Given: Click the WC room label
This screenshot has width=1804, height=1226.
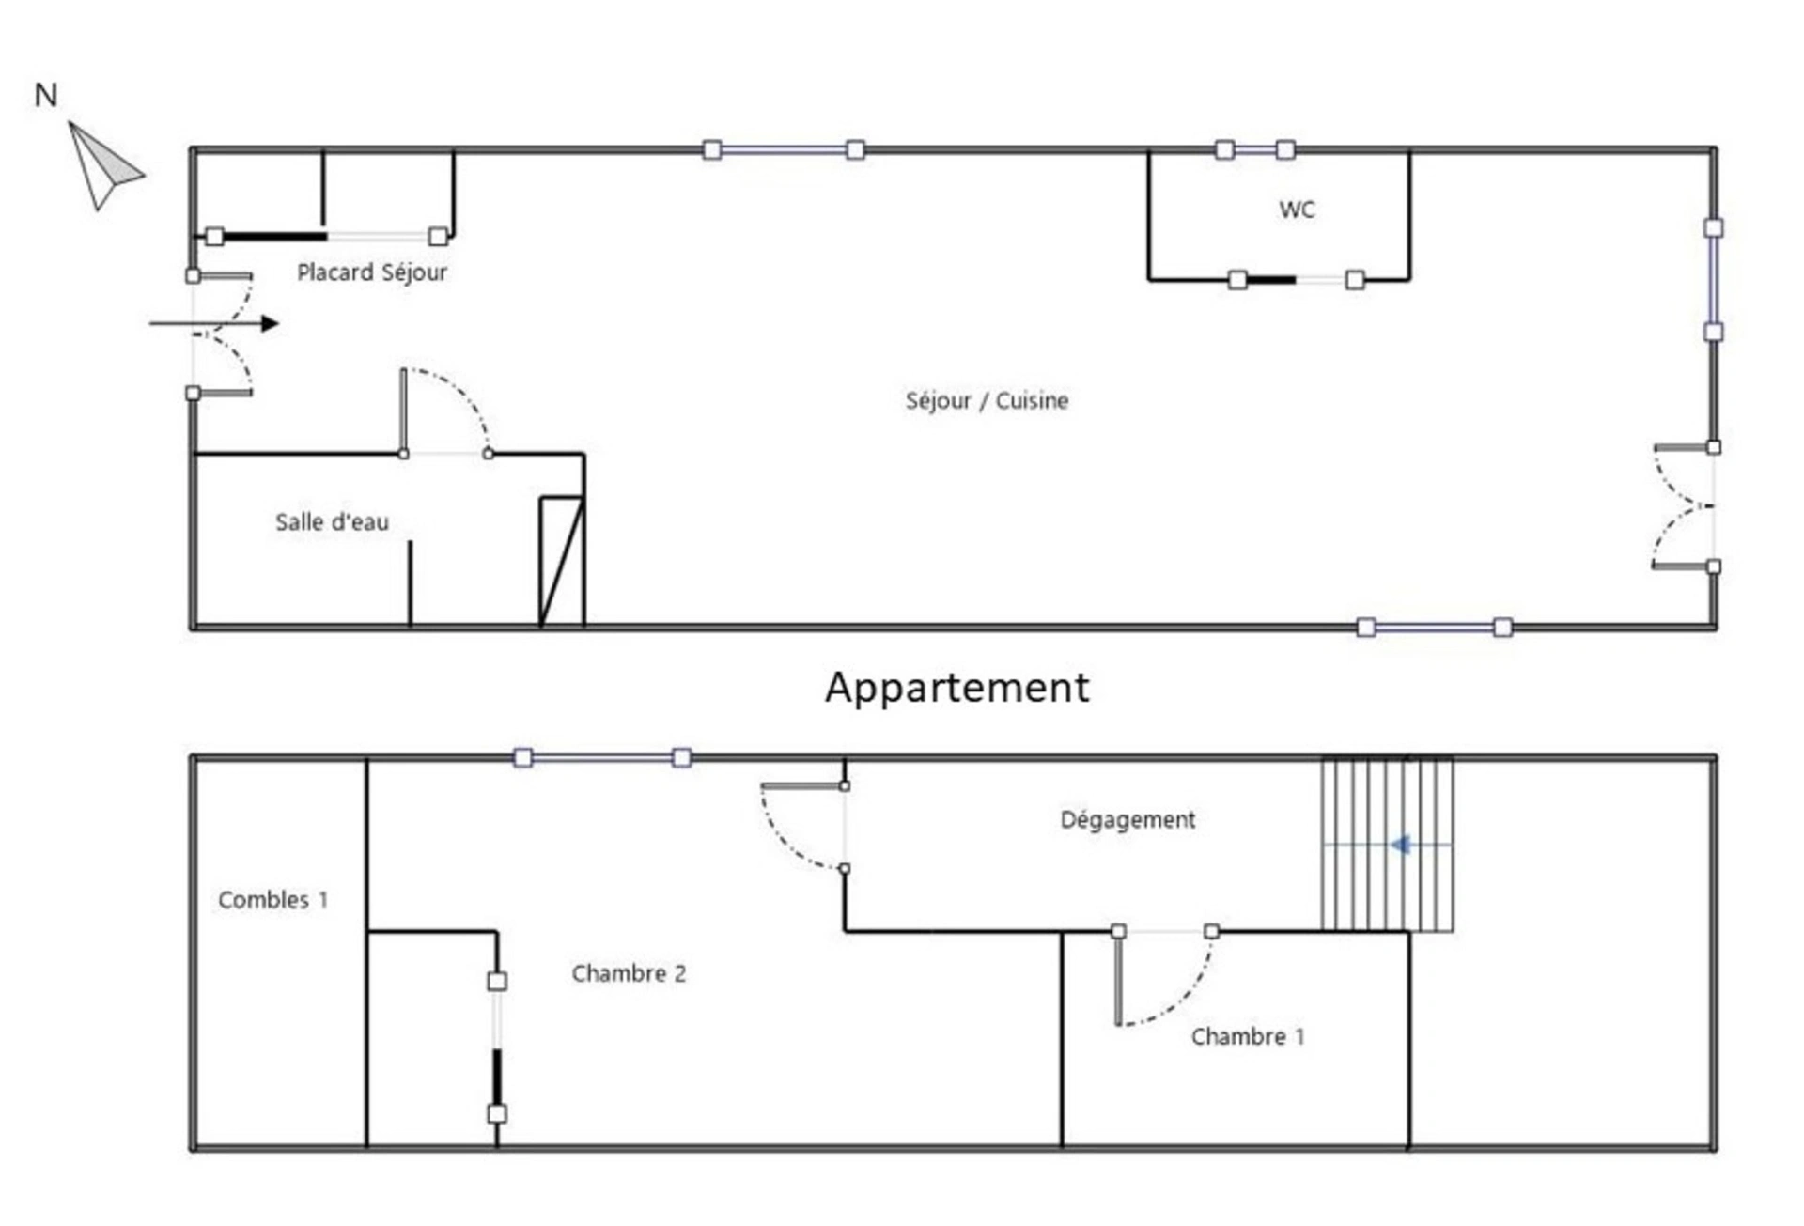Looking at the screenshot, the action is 1297,210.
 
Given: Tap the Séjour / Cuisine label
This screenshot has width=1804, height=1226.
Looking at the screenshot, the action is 987,401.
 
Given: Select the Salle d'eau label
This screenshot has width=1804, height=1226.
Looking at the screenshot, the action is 332,522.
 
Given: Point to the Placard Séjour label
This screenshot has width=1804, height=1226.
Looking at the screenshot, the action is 372,272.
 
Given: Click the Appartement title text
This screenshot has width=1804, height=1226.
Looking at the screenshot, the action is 957,688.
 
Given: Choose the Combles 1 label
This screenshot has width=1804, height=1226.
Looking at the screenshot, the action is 273,900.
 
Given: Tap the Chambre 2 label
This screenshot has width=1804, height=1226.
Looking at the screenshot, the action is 630,973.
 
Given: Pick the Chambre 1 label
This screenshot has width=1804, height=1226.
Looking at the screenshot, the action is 1248,1036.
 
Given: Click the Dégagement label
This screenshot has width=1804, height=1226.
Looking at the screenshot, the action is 1127,820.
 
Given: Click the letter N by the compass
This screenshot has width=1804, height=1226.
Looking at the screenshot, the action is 46,95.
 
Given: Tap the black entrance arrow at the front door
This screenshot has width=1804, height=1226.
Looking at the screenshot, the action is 214,324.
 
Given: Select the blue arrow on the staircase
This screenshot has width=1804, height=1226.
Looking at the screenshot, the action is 1401,845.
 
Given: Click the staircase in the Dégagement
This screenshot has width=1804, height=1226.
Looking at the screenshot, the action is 1387,845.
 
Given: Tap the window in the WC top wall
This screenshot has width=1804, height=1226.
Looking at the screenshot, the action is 1255,150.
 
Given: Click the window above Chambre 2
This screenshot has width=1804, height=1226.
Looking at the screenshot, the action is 602,758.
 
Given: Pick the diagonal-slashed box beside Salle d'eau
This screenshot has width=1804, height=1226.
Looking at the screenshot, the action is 562,562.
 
